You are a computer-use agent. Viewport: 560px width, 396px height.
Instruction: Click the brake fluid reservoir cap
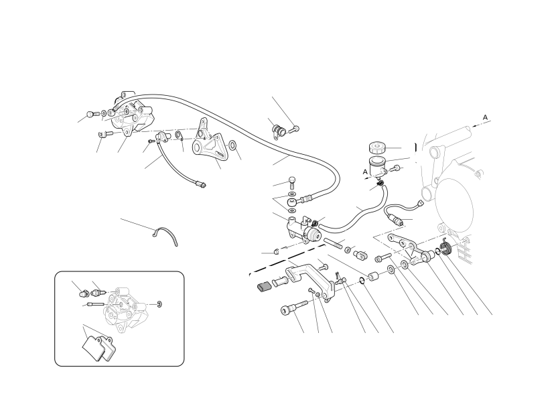(376, 147)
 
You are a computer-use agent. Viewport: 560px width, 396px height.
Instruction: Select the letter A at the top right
(485, 117)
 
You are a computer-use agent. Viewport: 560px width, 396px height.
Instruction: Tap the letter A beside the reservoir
(365, 172)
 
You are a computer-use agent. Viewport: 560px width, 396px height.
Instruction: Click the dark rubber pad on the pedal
(263, 286)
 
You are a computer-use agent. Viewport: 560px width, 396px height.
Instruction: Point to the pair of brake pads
(98, 348)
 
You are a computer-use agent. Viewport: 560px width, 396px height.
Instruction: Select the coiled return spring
(445, 247)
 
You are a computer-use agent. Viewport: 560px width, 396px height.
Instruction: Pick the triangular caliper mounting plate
(208, 143)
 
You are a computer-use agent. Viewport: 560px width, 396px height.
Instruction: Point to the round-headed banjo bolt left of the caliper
(92, 115)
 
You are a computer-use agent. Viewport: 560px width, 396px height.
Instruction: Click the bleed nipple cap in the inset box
(83, 293)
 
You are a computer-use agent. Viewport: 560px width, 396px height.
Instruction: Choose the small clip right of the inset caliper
(159, 304)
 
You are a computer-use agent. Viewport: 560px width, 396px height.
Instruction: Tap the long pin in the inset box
(95, 304)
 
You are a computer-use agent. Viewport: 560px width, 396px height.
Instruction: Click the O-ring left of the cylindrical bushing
(362, 281)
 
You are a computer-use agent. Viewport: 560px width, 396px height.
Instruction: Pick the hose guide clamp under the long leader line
(277, 131)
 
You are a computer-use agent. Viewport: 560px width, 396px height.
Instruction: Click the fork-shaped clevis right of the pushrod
(360, 255)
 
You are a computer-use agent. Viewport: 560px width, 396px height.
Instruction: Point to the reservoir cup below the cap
(378, 166)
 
